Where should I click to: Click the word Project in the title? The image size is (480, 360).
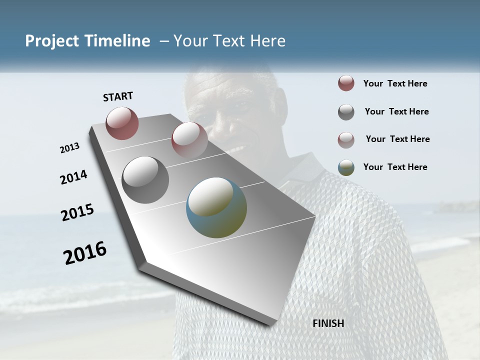point(50,41)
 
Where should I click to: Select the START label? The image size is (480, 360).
point(118,96)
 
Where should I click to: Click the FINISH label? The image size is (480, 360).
point(328,323)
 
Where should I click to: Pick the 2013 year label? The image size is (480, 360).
point(69,148)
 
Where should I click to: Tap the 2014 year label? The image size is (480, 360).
point(73,177)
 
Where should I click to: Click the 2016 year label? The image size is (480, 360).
point(85,252)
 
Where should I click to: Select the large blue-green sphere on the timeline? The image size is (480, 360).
point(216,207)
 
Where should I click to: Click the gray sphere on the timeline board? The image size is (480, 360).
point(145,180)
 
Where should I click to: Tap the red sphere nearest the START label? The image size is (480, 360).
point(122,123)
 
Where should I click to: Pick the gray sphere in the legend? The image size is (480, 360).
point(346,112)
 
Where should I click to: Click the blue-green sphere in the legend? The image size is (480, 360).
point(346,167)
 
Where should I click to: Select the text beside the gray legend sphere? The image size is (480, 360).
point(396,111)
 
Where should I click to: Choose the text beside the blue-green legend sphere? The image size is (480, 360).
point(395,167)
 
